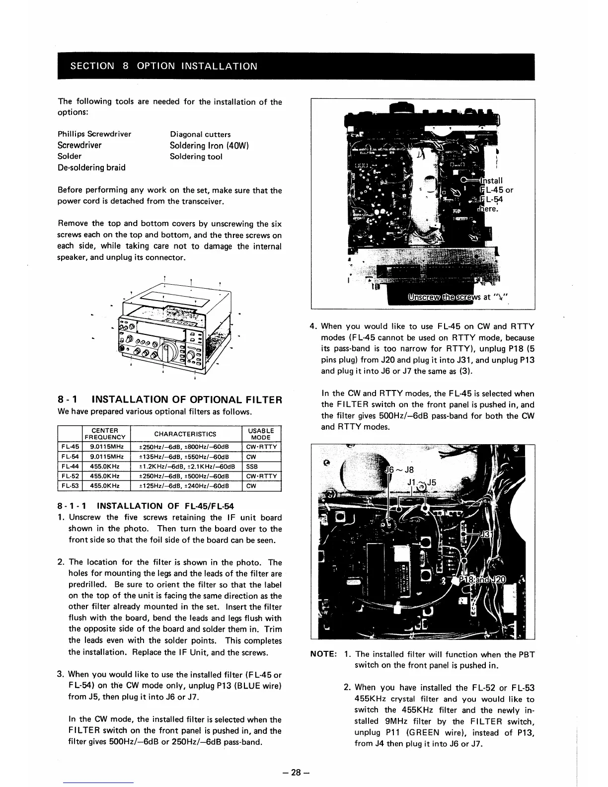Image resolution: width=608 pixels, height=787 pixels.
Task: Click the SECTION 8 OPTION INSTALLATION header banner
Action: tap(164, 66)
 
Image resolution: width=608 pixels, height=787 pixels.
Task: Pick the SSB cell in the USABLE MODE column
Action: tap(252, 467)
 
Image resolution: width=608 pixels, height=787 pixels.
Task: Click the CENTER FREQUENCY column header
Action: tap(105, 434)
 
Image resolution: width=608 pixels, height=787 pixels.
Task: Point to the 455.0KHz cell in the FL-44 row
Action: tap(104, 467)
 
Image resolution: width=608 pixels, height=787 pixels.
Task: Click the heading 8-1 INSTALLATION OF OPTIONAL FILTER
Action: tap(170, 399)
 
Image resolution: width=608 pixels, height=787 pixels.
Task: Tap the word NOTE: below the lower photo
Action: tap(324, 654)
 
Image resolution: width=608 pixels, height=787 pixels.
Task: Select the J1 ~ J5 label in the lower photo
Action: tap(421, 482)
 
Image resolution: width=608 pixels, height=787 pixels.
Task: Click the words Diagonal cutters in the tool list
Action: tap(200, 134)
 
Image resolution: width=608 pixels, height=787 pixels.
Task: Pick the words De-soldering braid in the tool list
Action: tap(92, 167)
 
